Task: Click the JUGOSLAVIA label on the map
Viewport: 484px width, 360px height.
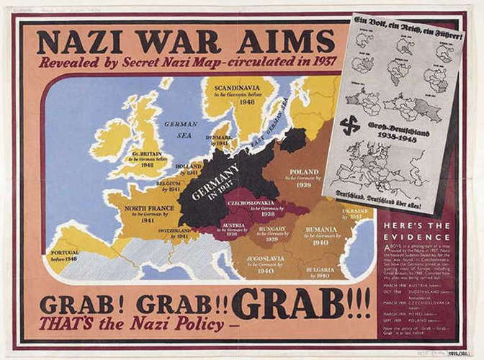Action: click(x=263, y=258)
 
